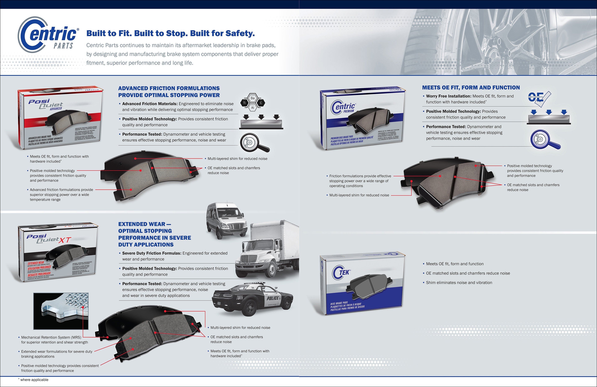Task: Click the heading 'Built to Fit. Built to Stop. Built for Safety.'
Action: coord(170,33)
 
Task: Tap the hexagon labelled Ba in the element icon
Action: coord(253,98)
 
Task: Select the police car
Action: coord(252,299)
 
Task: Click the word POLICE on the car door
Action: coord(273,298)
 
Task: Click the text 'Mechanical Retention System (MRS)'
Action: coord(51,337)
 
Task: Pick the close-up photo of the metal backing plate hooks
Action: coord(61,311)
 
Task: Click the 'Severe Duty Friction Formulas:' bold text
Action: coord(152,253)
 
